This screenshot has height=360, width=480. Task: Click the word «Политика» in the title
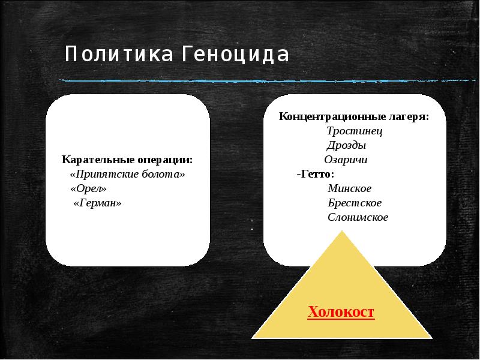117,56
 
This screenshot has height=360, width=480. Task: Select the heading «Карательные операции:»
127,160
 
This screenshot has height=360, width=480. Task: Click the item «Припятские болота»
128,175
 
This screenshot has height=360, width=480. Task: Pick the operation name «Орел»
89,189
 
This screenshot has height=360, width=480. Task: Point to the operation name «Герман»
97,203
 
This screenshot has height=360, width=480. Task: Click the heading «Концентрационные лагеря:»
353,116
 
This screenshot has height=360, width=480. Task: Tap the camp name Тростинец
354,131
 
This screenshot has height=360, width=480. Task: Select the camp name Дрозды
346,145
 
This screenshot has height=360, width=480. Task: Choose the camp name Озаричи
346,160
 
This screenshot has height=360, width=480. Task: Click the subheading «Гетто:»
316,174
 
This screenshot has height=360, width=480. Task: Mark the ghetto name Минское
350,188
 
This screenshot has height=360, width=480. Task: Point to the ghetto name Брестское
355,203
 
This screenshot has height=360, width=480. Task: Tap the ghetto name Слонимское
358,217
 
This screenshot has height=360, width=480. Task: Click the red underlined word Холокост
341,312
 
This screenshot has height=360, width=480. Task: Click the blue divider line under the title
240,80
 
